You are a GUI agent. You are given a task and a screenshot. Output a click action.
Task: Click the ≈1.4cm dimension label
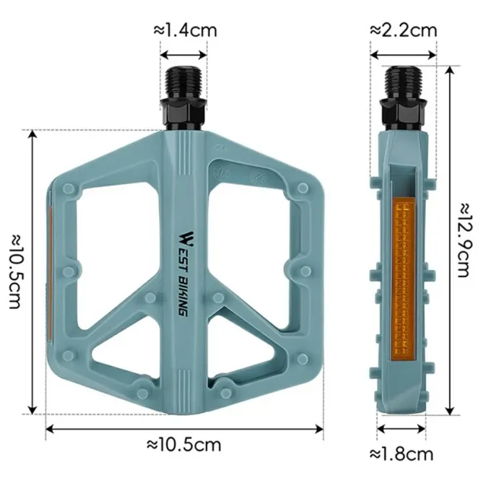pos(185,30)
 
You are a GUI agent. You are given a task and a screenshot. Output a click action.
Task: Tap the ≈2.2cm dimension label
pos(404,30)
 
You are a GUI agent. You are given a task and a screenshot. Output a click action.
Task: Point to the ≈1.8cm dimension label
pos(401,454)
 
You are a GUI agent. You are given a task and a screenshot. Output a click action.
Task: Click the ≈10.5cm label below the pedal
pos(184,443)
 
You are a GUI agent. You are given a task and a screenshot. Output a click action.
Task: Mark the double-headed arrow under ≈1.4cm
pos(184,53)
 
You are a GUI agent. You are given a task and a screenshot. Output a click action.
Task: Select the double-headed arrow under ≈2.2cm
pos(404,53)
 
